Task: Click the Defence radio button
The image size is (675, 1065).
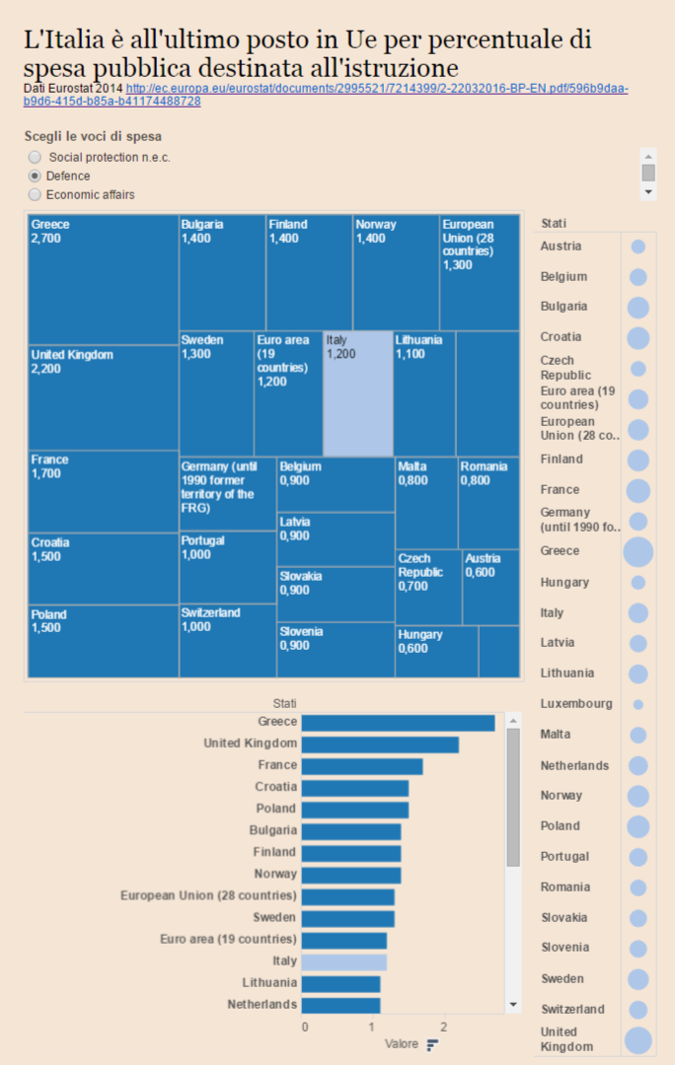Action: pyautogui.click(x=36, y=176)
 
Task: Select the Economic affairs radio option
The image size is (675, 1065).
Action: pyautogui.click(x=36, y=194)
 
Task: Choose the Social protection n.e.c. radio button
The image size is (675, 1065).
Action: pyautogui.click(x=36, y=157)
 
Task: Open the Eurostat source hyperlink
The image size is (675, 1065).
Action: pyautogui.click(x=376, y=89)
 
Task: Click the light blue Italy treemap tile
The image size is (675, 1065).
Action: pyautogui.click(x=357, y=393)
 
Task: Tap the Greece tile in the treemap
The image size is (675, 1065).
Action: pyautogui.click(x=103, y=279)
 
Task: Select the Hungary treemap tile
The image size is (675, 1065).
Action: pyautogui.click(x=436, y=651)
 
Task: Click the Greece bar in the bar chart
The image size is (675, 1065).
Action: pyautogui.click(x=398, y=723)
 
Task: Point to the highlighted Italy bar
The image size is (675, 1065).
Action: pyautogui.click(x=343, y=961)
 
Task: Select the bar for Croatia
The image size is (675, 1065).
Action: pyautogui.click(x=354, y=788)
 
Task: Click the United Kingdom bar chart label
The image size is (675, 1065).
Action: pyautogui.click(x=250, y=744)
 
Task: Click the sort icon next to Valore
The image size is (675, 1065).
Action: pyautogui.click(x=432, y=1044)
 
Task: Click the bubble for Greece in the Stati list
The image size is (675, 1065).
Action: pyautogui.click(x=638, y=551)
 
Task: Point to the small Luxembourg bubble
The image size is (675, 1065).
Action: pyautogui.click(x=638, y=704)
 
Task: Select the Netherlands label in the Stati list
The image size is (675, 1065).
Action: pyautogui.click(x=574, y=765)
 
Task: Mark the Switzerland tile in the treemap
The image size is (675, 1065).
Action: pyautogui.click(x=227, y=640)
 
